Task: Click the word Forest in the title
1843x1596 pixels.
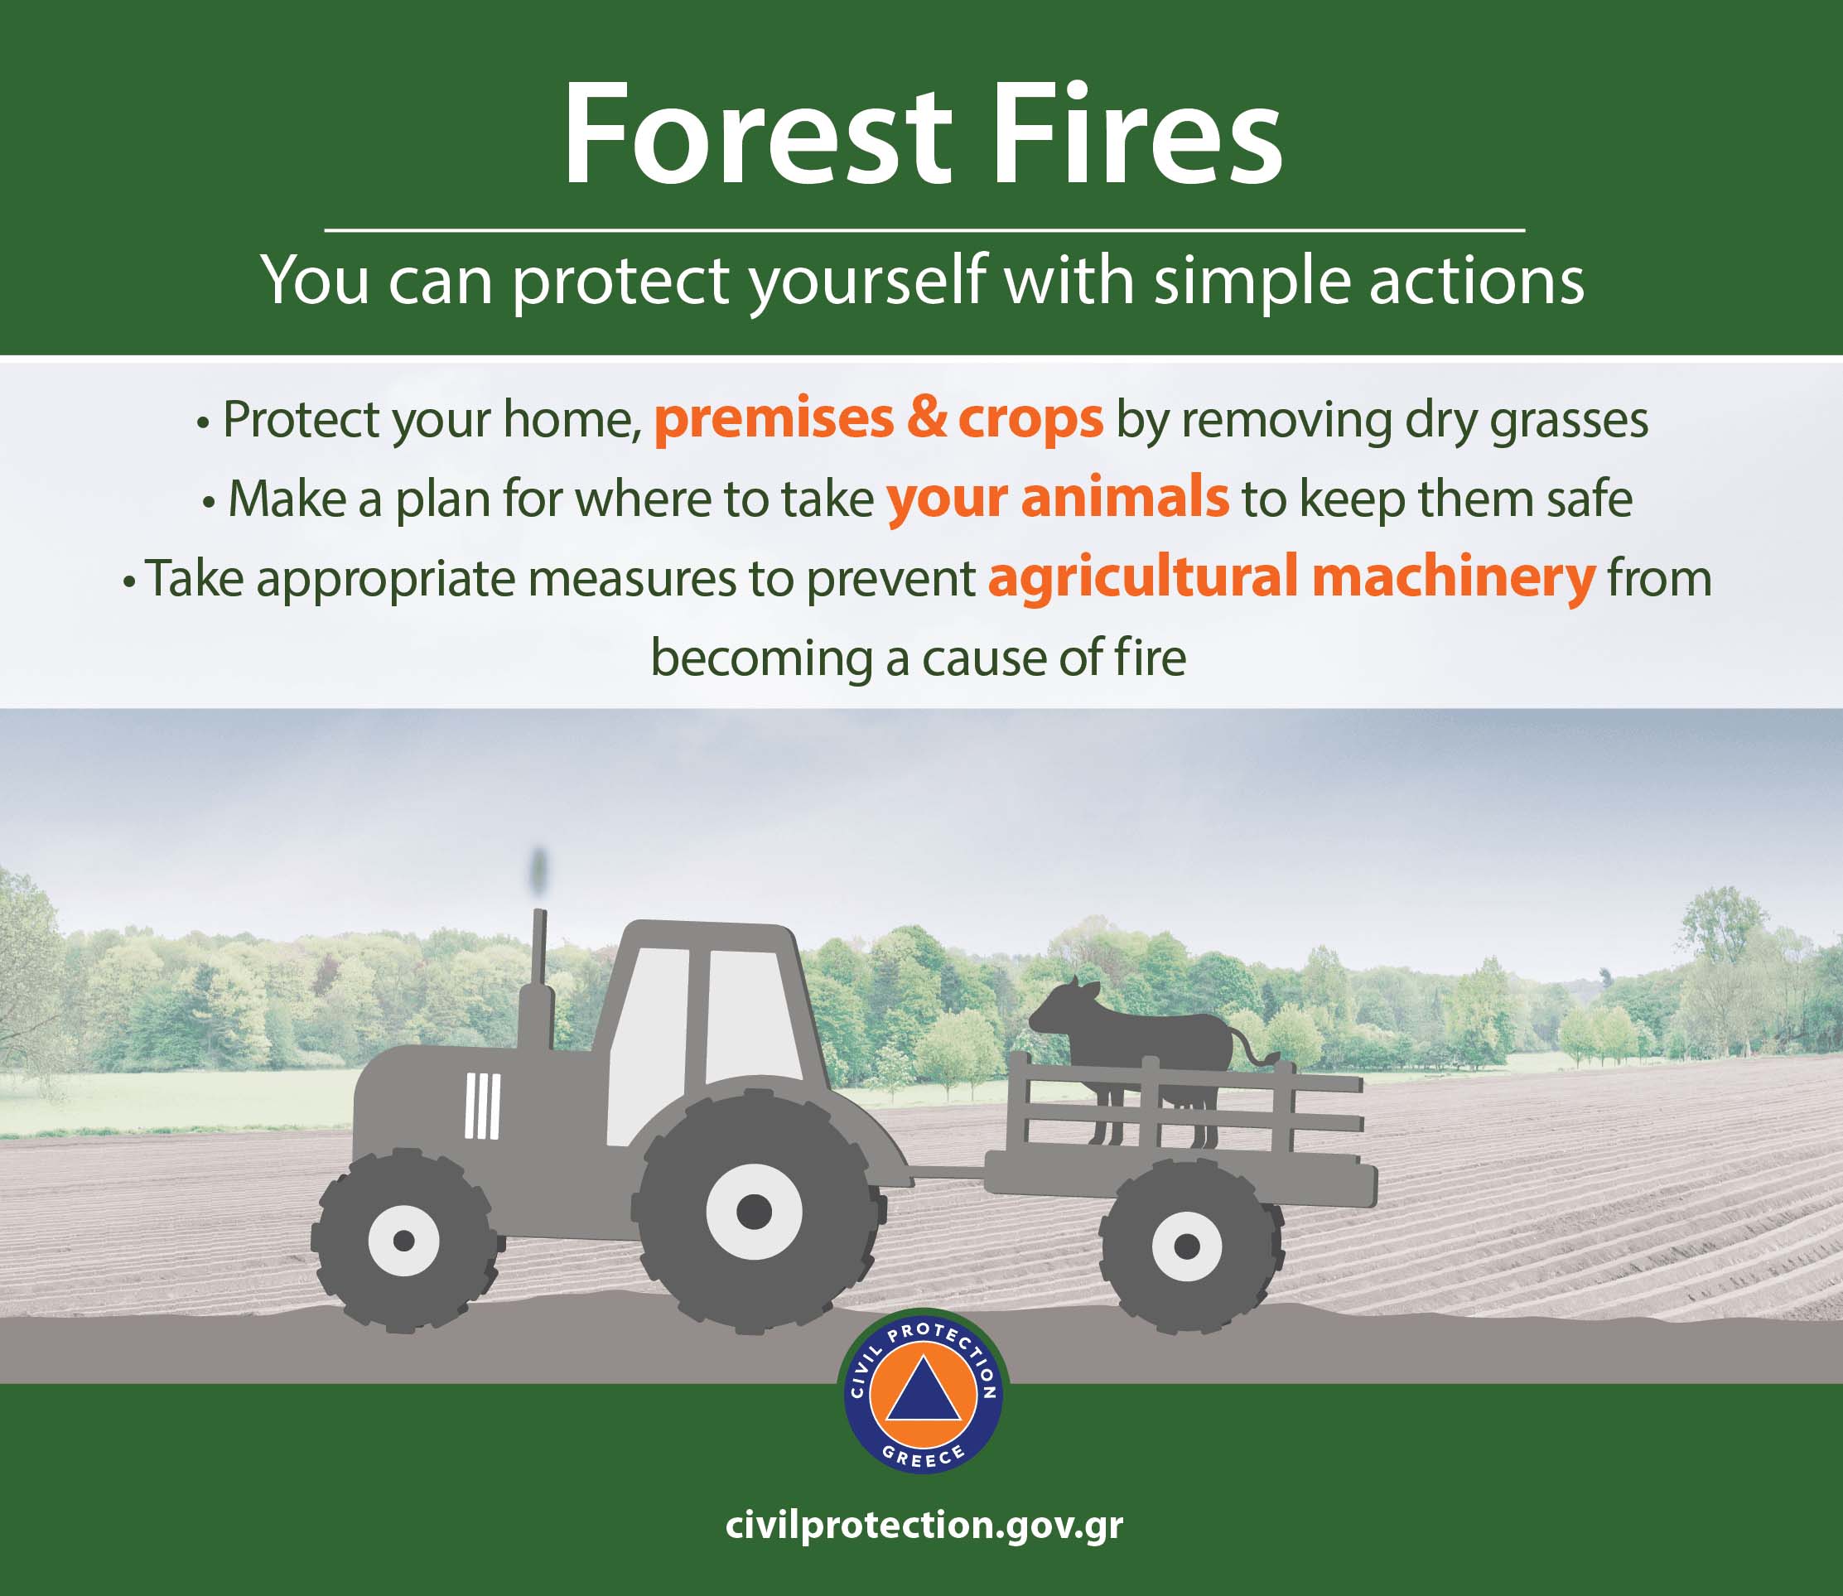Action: click(758, 134)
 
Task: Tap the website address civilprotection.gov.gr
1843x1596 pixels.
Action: click(924, 1525)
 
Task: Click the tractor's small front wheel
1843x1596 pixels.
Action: click(403, 1240)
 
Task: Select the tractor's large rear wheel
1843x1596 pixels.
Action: click(755, 1211)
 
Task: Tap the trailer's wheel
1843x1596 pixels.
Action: click(1186, 1245)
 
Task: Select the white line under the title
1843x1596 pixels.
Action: click(924, 229)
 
